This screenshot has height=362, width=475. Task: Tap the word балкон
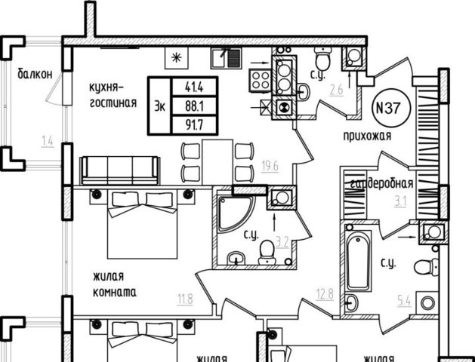[35, 74]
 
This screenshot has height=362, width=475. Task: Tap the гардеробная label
[381, 184]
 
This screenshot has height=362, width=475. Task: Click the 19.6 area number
[270, 167]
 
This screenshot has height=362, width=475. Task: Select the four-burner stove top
[261, 79]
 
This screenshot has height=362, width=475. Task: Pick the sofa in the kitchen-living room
[119, 170]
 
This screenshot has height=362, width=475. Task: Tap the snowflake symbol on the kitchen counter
[177, 57]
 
